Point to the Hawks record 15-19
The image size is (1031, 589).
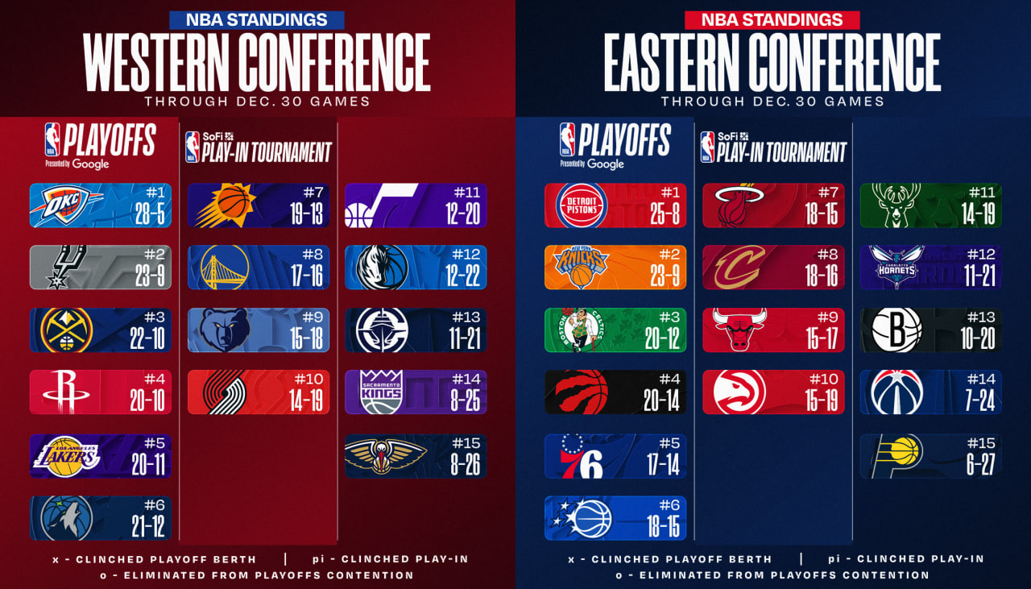point(822,400)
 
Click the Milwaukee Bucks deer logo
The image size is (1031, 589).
point(894,205)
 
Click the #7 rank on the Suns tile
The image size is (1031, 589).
point(312,193)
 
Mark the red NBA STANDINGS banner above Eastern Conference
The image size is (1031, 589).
point(772,19)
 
